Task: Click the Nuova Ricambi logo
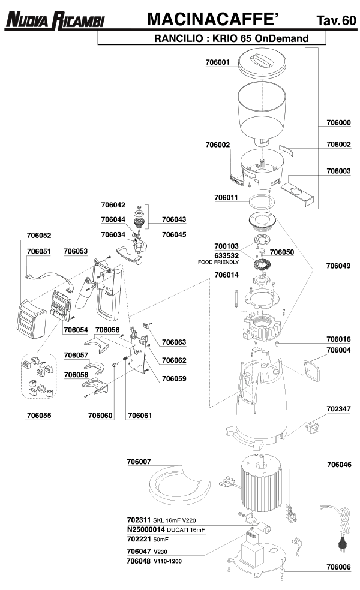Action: (55, 21)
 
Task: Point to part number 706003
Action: (338, 171)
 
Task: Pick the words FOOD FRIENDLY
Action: (218, 263)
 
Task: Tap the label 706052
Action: (39, 236)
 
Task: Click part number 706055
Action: (39, 414)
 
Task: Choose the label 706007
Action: (139, 462)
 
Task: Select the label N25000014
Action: (146, 530)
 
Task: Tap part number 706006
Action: (338, 566)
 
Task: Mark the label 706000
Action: (338, 122)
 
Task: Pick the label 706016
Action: (338, 339)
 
